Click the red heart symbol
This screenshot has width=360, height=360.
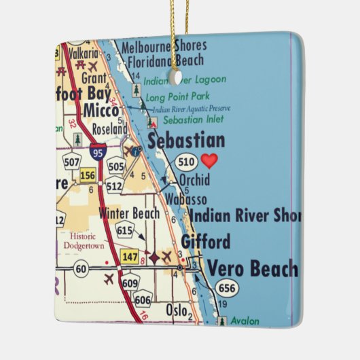(210, 161)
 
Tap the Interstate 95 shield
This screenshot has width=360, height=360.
(97, 150)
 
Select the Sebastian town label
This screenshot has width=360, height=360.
(185, 141)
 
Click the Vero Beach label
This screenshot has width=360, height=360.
(252, 268)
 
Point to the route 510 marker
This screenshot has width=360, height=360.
(186, 162)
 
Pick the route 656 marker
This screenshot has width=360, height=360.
(228, 289)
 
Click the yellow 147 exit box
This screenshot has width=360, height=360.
(130, 256)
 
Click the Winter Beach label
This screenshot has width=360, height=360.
(129, 213)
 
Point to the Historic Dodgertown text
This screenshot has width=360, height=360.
(84, 240)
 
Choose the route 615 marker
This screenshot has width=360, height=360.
(125, 230)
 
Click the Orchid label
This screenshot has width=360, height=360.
(194, 180)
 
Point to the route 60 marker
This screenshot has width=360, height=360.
(82, 269)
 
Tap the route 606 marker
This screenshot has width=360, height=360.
(143, 300)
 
